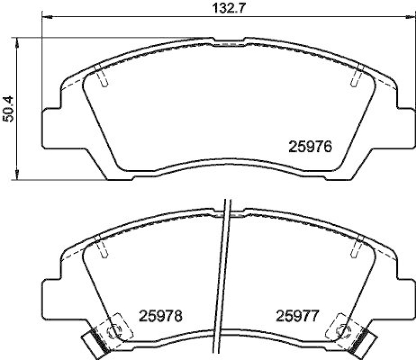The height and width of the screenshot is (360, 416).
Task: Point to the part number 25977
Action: pos(297,315)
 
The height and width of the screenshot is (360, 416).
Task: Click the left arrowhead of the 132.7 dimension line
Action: pos(45,17)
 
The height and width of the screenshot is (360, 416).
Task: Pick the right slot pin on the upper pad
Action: pos(357,79)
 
